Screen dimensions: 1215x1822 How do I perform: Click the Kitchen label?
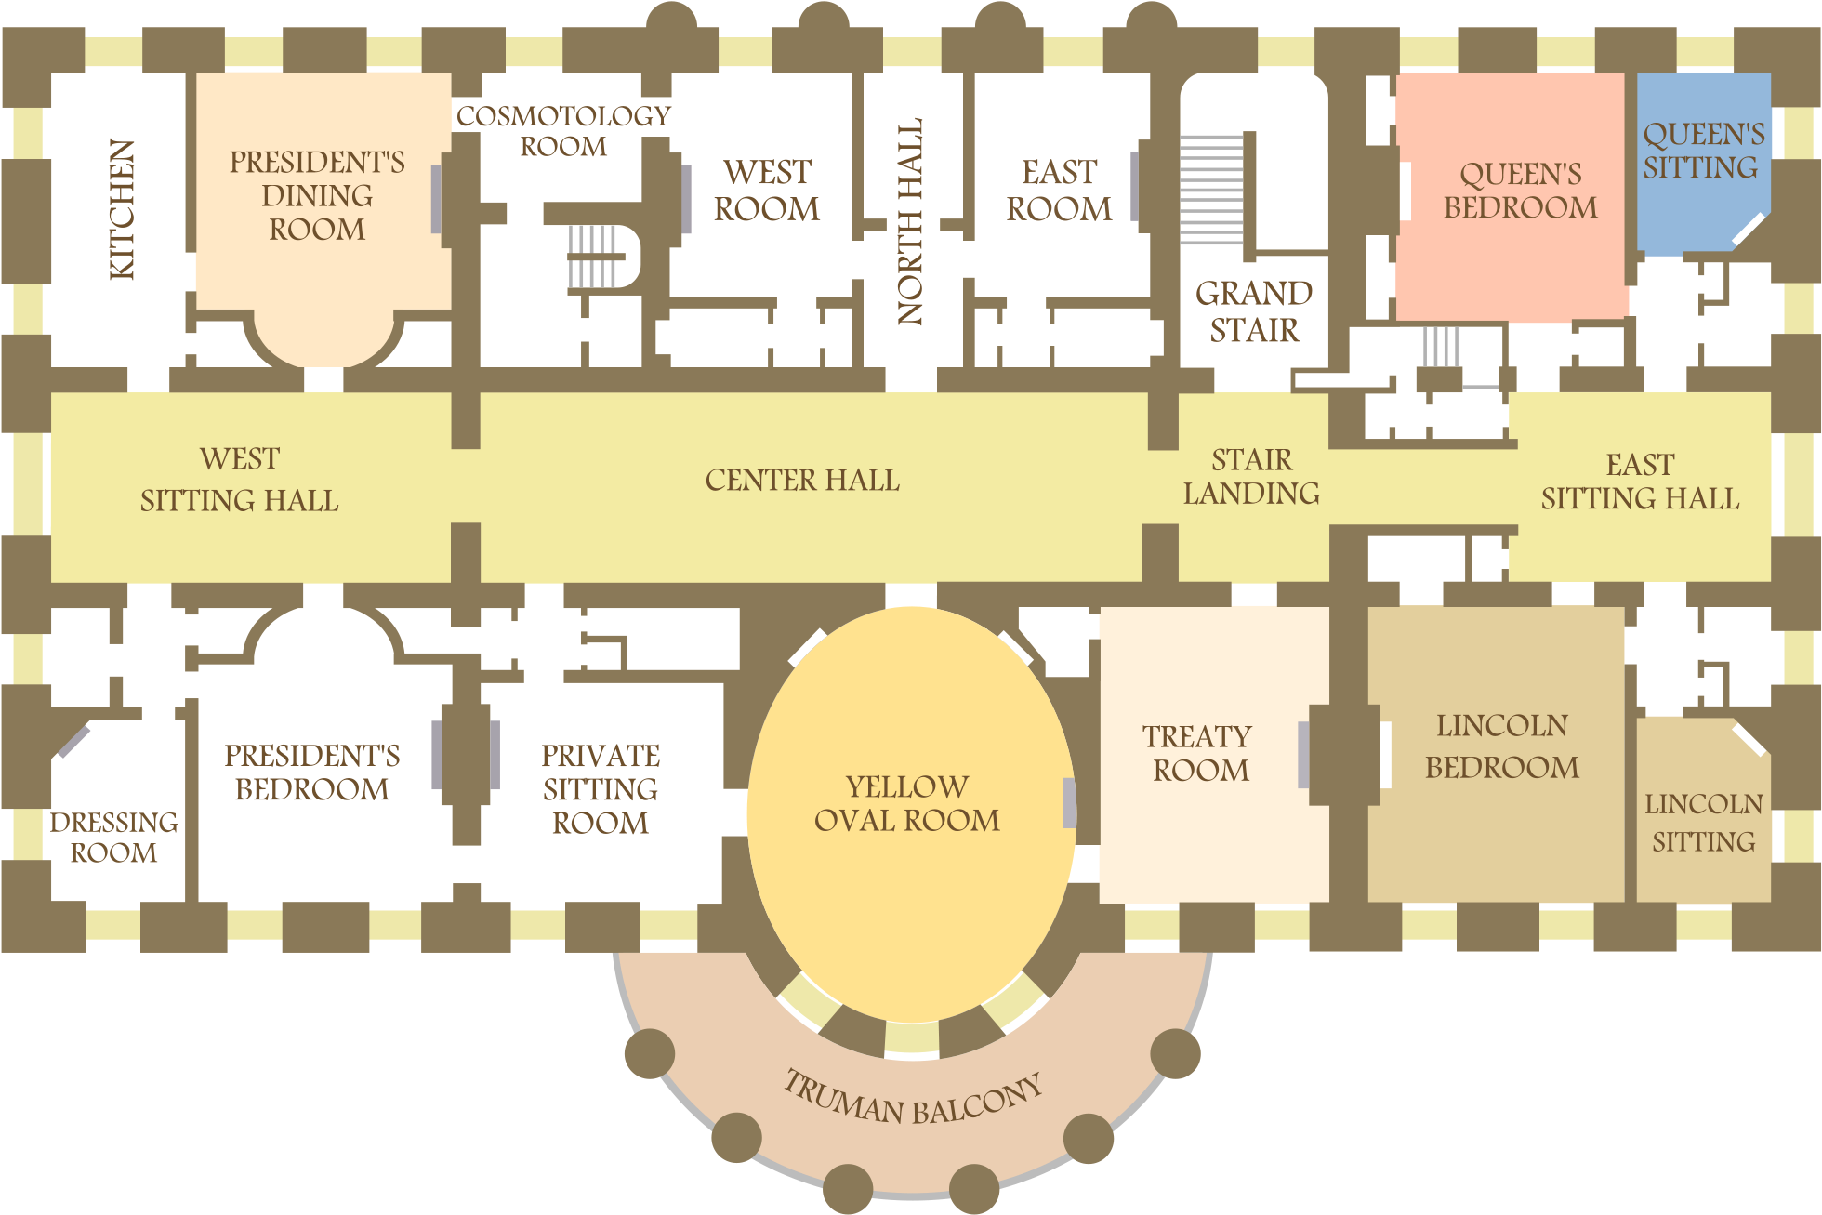point(123,209)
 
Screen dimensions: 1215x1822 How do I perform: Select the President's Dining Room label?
point(317,195)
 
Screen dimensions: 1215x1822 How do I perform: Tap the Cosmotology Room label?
point(563,131)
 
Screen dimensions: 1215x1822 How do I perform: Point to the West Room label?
point(767,191)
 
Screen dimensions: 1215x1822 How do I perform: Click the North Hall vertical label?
point(910,221)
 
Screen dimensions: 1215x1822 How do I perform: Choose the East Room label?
point(1059,191)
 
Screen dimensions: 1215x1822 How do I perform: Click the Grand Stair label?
point(1253,311)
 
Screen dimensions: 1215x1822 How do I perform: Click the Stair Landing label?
point(1251,476)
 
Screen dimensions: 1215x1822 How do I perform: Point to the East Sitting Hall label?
point(1640,482)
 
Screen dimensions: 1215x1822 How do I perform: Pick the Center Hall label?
point(802,480)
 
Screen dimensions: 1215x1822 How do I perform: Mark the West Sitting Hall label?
point(239,480)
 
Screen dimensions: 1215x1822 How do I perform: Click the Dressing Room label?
point(113,838)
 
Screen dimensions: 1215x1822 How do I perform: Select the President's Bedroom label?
point(312,773)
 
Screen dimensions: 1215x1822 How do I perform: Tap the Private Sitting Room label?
point(601,789)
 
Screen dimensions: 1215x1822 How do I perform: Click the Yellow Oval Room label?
point(907,804)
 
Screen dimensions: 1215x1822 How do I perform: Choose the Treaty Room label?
point(1199,754)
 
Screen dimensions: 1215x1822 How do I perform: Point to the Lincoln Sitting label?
point(1703,823)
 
